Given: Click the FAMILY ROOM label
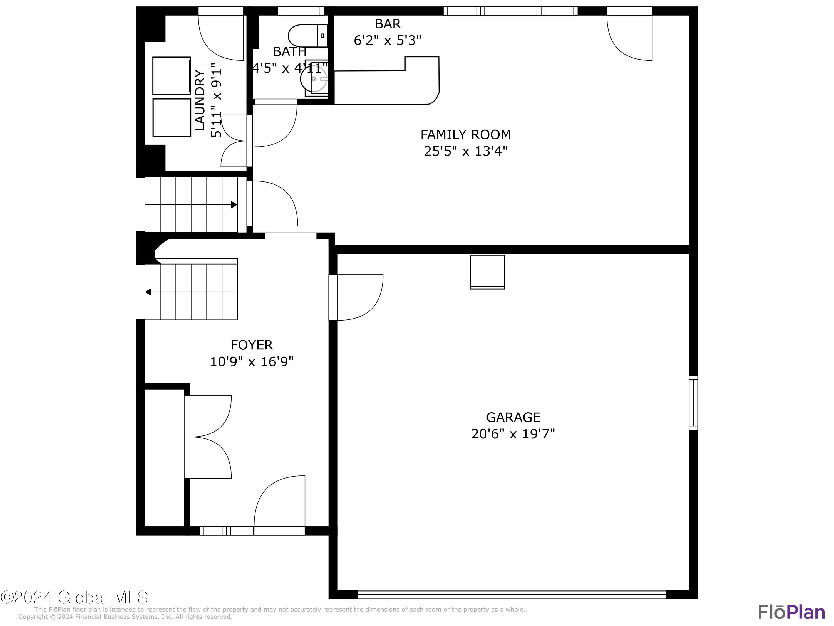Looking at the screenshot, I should [465, 135].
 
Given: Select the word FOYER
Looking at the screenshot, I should [252, 345].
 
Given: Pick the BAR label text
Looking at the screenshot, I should [388, 24].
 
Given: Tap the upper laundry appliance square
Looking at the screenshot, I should [172, 76].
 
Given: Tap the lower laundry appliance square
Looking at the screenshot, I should [172, 118].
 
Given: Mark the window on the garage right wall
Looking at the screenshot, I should [693, 403].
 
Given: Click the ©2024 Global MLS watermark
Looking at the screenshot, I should [74, 597].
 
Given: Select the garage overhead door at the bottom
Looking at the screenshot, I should [512, 595].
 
